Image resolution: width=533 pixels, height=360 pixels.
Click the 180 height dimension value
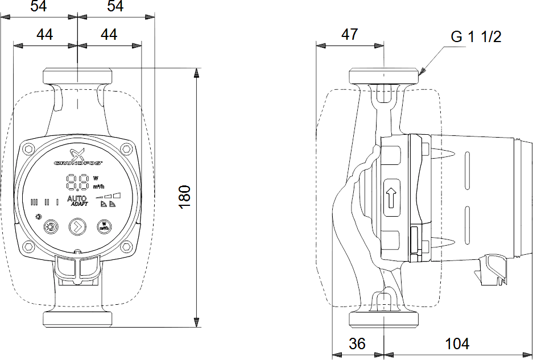(x=185, y=197)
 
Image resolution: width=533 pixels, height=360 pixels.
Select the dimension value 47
(x=350, y=35)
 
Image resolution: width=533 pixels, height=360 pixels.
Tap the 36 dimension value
(x=357, y=344)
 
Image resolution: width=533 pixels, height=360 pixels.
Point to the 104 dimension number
(x=457, y=344)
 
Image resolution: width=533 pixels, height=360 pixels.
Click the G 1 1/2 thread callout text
(x=476, y=38)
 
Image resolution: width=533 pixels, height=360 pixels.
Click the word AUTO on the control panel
(x=77, y=198)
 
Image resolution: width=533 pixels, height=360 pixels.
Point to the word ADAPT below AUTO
(x=79, y=205)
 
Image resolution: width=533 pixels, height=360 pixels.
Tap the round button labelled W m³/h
(x=104, y=226)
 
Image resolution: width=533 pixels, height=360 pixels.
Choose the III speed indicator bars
(x=34, y=201)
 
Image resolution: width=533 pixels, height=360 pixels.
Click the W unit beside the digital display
(x=95, y=178)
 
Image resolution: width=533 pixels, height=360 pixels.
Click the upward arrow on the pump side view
(x=391, y=200)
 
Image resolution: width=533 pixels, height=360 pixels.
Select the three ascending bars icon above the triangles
(x=112, y=195)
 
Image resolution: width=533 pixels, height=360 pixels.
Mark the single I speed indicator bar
(x=57, y=201)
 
